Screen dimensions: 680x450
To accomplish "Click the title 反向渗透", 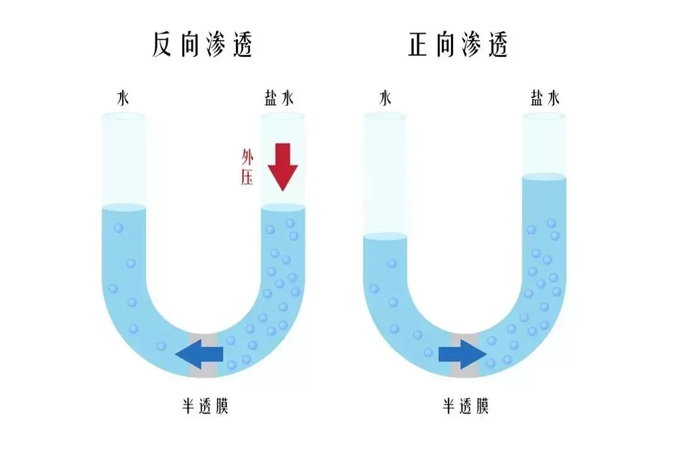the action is (x=202, y=44).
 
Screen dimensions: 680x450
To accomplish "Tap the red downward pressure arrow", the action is (x=283, y=167).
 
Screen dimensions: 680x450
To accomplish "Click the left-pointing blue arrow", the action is (x=199, y=354).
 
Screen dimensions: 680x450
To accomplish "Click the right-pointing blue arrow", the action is (x=462, y=354).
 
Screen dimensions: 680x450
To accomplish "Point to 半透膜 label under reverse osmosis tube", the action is (x=205, y=406).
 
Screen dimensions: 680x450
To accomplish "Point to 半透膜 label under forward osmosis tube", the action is (x=466, y=406).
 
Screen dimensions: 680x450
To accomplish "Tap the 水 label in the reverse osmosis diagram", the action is (x=123, y=98).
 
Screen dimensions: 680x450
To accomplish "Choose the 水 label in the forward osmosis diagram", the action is (x=385, y=98).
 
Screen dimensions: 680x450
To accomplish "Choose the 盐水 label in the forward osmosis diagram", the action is (x=545, y=98).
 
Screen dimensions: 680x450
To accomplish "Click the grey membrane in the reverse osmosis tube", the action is (x=203, y=355).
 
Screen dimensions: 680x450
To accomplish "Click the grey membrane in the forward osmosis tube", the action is (x=465, y=355).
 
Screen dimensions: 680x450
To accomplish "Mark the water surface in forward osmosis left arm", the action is (x=385, y=236).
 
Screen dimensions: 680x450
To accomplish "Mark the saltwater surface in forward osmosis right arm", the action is (x=544, y=176).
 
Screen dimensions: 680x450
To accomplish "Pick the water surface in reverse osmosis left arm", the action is (x=123, y=207).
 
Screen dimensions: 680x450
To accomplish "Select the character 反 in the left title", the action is (x=162, y=45).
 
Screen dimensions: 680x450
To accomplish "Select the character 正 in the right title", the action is (x=419, y=45).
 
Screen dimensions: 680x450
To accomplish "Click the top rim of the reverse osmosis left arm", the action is (x=123, y=115).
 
